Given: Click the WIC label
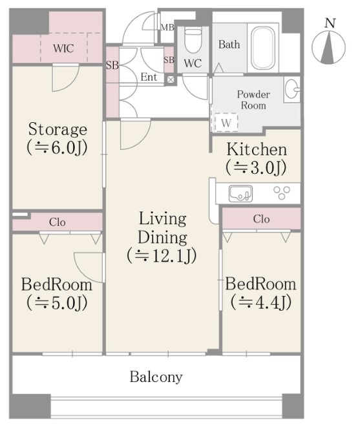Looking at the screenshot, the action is point(63,48).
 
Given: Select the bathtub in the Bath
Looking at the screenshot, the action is point(263,48).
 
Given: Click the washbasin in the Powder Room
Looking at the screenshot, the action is point(291,89).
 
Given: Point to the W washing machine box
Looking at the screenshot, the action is point(226,122).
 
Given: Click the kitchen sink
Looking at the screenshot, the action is point(240,194).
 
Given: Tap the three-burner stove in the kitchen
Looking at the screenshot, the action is point(282,193).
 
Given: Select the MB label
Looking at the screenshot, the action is point(167,27).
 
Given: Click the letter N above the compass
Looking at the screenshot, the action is point(330,23).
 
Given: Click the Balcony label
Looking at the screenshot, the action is point(156,377).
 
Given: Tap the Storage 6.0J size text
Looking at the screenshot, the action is point(58,147).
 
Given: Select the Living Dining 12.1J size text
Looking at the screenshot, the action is point(162,256).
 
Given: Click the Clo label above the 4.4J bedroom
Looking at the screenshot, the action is point(262,219).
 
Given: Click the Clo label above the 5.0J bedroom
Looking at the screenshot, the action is point(58,222).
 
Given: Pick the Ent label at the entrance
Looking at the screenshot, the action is point(149,77).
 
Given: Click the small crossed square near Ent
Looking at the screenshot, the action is point(170,79).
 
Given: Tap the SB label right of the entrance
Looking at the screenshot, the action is point(169,60).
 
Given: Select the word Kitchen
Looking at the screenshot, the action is point(257,150).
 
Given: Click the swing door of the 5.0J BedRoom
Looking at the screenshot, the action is point(89,267).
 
